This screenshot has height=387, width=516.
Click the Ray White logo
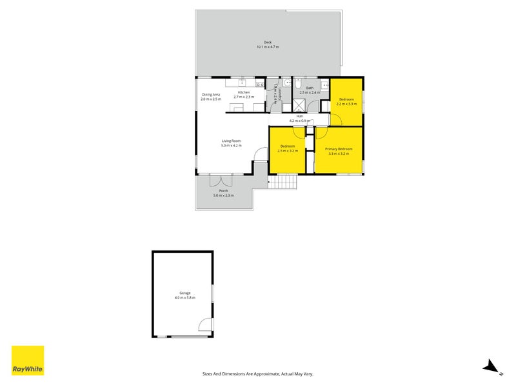click(28, 361)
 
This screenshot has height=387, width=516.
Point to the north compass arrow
click(491, 366)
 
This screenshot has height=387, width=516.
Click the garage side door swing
click(205, 326)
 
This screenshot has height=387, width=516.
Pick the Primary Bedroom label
click(338, 149)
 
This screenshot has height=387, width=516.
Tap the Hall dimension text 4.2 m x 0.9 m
click(299, 121)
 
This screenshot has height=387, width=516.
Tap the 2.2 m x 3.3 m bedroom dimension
click(346, 104)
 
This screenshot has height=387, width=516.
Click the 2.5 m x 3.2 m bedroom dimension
click(287, 151)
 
